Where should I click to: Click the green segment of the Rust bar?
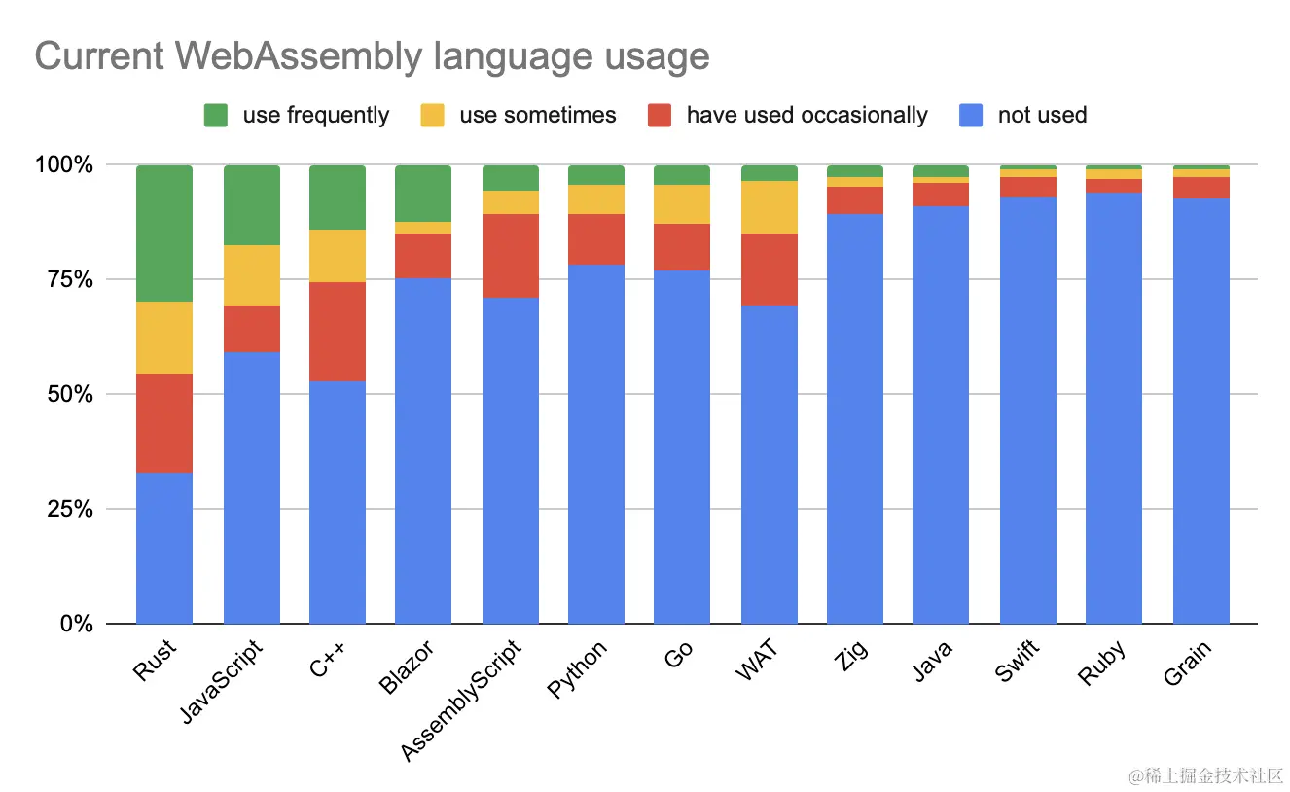[164, 234]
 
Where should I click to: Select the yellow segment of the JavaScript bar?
[252, 275]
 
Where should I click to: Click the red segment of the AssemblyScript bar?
[511, 255]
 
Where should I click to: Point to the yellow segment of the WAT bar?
[770, 207]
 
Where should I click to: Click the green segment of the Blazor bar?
[423, 194]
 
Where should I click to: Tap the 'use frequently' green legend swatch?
[215, 116]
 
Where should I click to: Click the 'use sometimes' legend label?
[537, 116]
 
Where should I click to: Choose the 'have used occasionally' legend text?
[806, 116]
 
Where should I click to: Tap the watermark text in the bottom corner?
[1205, 775]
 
